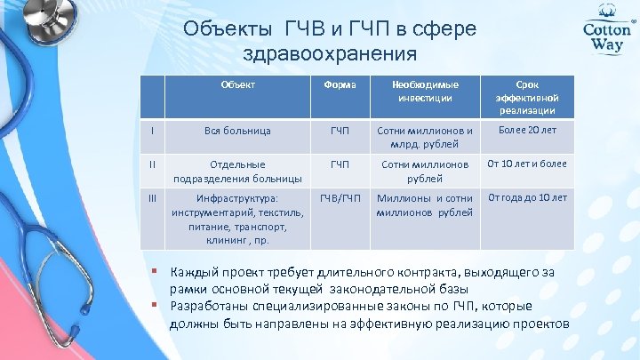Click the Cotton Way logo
[x=606, y=36]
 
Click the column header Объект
[x=237, y=85]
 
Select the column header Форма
[x=339, y=85]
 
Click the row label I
[x=152, y=131]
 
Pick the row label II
[x=152, y=164]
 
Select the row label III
[x=152, y=197]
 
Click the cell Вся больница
[x=237, y=131]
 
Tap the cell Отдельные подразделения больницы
[x=237, y=170]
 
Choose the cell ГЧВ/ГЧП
[x=339, y=197]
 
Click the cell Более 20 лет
[x=526, y=131]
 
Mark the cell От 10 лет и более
[x=526, y=164]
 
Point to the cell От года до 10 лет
[x=526, y=197]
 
